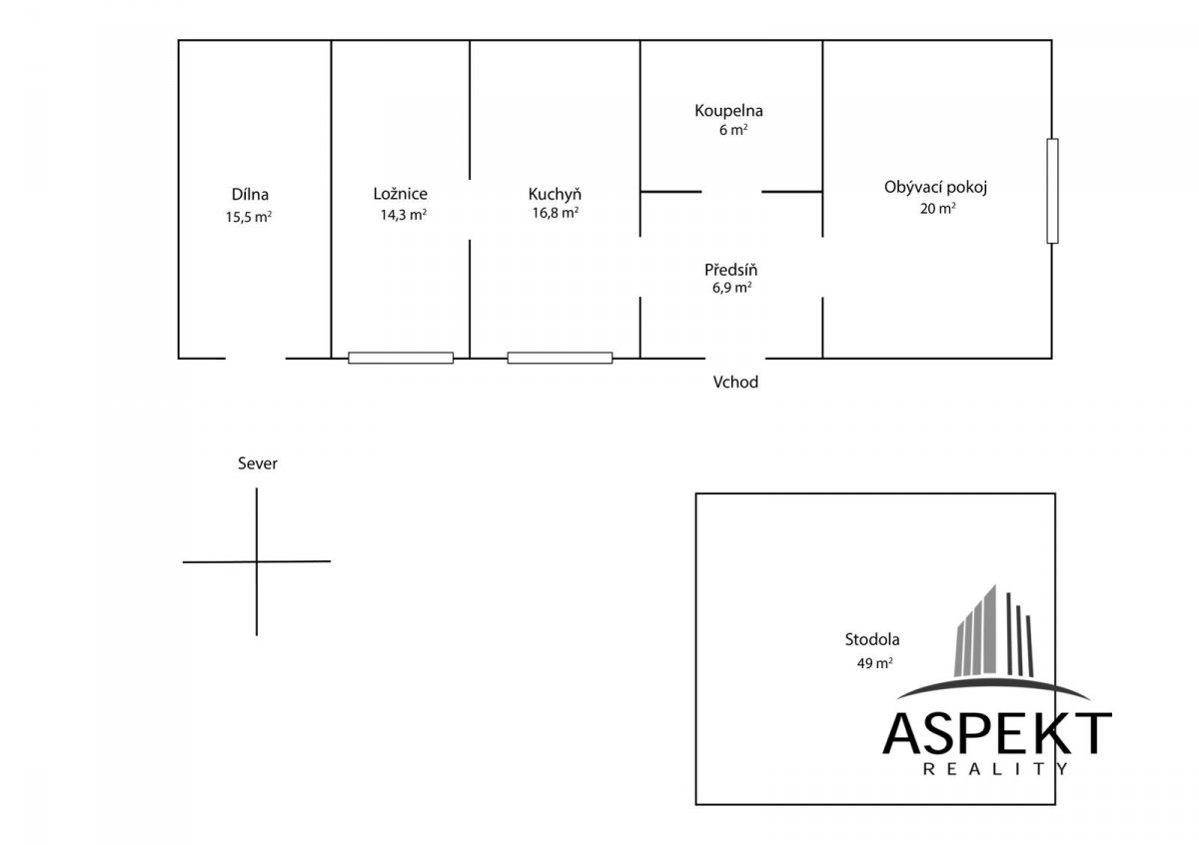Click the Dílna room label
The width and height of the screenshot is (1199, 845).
pos(250,194)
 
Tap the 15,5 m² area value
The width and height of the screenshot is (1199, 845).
pos(249,217)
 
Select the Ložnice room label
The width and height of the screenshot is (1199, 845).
pos(401,194)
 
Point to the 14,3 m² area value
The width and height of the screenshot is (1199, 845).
pos(403,215)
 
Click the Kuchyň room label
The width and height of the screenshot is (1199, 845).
pos(555,194)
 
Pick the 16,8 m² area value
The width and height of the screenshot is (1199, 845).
pos(556,213)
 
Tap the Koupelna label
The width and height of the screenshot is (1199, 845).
pos(728,111)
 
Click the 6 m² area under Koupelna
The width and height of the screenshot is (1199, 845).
pos(733,130)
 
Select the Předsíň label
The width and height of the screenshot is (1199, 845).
pos(730,270)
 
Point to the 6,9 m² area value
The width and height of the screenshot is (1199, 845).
pos(731,288)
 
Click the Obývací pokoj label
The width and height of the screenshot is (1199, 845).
pos(935,188)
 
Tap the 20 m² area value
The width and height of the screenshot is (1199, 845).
pos(938,208)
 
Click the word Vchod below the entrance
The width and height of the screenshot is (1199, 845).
pos(735,383)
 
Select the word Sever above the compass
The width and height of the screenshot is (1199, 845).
pos(258,463)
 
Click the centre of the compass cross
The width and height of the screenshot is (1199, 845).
pos(257,561)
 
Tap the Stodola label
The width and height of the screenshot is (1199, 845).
pos(872,639)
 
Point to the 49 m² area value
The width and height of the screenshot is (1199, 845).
pos(874,663)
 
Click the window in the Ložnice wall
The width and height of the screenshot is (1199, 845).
pos(401,358)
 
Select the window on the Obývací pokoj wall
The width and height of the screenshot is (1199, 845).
pos(1052,191)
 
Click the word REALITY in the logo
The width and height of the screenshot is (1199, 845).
pos(996,769)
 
